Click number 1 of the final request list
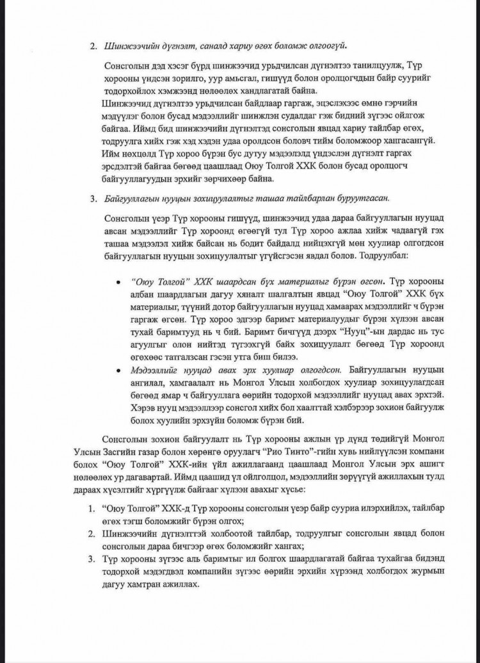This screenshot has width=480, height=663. (x=92, y=507)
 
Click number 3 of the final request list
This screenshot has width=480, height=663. (x=92, y=561)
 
